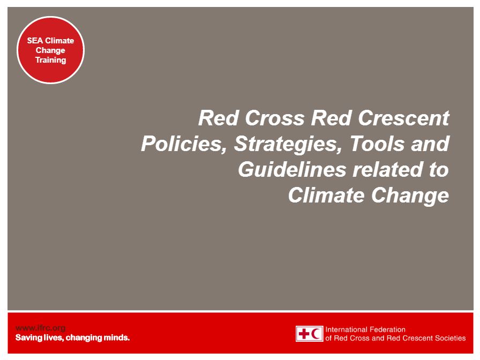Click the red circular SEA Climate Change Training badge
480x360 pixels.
[50, 50]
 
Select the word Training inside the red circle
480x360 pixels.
[50, 60]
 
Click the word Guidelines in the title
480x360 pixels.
[292, 169]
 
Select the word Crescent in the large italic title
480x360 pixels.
[403, 118]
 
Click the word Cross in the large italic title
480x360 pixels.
[275, 118]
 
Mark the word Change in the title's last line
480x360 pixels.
[410, 196]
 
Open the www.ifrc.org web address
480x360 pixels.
[40, 328]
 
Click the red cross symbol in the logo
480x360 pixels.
[304, 333]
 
